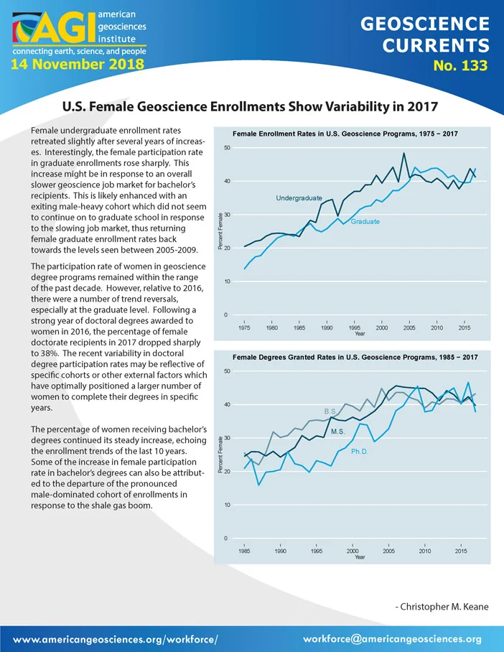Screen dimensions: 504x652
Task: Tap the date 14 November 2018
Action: click(x=78, y=64)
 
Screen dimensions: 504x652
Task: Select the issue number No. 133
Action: click(x=460, y=65)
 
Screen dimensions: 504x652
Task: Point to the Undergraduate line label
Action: click(x=299, y=198)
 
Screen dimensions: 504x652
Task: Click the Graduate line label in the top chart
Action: click(x=365, y=222)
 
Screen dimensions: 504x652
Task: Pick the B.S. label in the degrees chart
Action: click(x=330, y=411)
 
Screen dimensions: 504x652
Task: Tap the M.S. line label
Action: click(x=337, y=432)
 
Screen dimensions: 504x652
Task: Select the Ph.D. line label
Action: click(x=360, y=452)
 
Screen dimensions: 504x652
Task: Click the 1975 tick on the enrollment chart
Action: click(x=244, y=327)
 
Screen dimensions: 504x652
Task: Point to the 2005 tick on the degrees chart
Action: click(x=388, y=551)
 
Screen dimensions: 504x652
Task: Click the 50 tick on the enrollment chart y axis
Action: click(x=227, y=148)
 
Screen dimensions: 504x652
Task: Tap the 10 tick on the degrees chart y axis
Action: click(x=227, y=505)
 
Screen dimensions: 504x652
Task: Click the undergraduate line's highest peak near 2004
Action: click(x=403, y=154)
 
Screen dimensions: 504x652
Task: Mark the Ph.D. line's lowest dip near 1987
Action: click(x=258, y=485)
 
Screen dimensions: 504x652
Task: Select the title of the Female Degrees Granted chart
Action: click(x=355, y=357)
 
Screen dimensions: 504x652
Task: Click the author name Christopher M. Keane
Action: click(x=444, y=607)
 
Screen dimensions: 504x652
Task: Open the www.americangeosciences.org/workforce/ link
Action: click(x=115, y=640)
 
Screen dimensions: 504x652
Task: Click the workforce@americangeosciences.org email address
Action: click(x=392, y=639)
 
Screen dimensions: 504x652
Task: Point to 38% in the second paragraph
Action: click(x=50, y=353)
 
